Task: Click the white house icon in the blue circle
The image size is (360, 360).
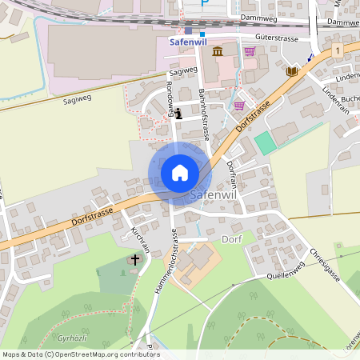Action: (x=180, y=173)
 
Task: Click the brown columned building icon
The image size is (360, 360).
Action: (x=218, y=52)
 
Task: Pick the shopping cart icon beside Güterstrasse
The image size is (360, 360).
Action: (x=250, y=52)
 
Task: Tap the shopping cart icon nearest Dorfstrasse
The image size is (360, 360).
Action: (x=239, y=105)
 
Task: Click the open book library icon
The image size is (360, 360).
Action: (x=291, y=71)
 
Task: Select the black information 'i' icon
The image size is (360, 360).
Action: (x=178, y=114)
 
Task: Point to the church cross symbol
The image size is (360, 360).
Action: (x=135, y=259)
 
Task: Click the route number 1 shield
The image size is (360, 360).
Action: (x=339, y=50)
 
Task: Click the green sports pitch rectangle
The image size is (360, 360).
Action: (x=265, y=143)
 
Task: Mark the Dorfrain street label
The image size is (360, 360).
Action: (x=231, y=174)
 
